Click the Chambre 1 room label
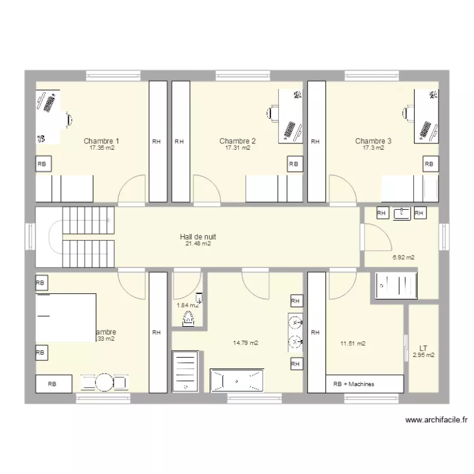[x=101, y=141]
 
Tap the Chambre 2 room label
[x=238, y=141]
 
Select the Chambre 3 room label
[x=373, y=141]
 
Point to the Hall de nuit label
[x=198, y=237]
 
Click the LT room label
[x=423, y=348]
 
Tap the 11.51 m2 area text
[x=353, y=344]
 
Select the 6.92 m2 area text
[x=403, y=257]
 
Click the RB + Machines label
[x=353, y=384]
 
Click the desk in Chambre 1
[x=49, y=118]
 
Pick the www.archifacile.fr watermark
[x=436, y=420]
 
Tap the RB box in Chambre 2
[x=293, y=164]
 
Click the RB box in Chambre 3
[x=430, y=164]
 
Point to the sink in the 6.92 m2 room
[x=401, y=214]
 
